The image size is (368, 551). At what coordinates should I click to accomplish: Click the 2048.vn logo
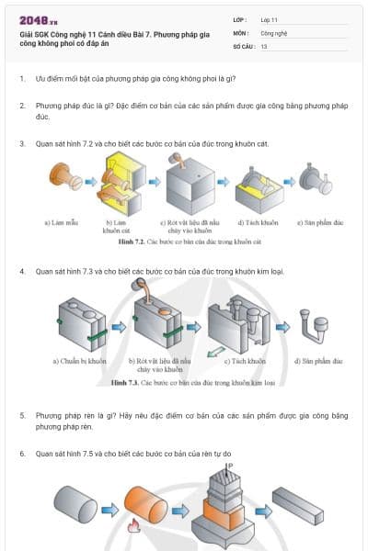tap(38, 19)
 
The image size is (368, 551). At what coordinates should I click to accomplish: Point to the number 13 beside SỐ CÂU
tap(264, 45)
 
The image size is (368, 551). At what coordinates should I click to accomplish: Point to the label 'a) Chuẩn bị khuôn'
tap(80, 361)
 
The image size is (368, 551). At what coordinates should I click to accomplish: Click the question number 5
tap(22, 415)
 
